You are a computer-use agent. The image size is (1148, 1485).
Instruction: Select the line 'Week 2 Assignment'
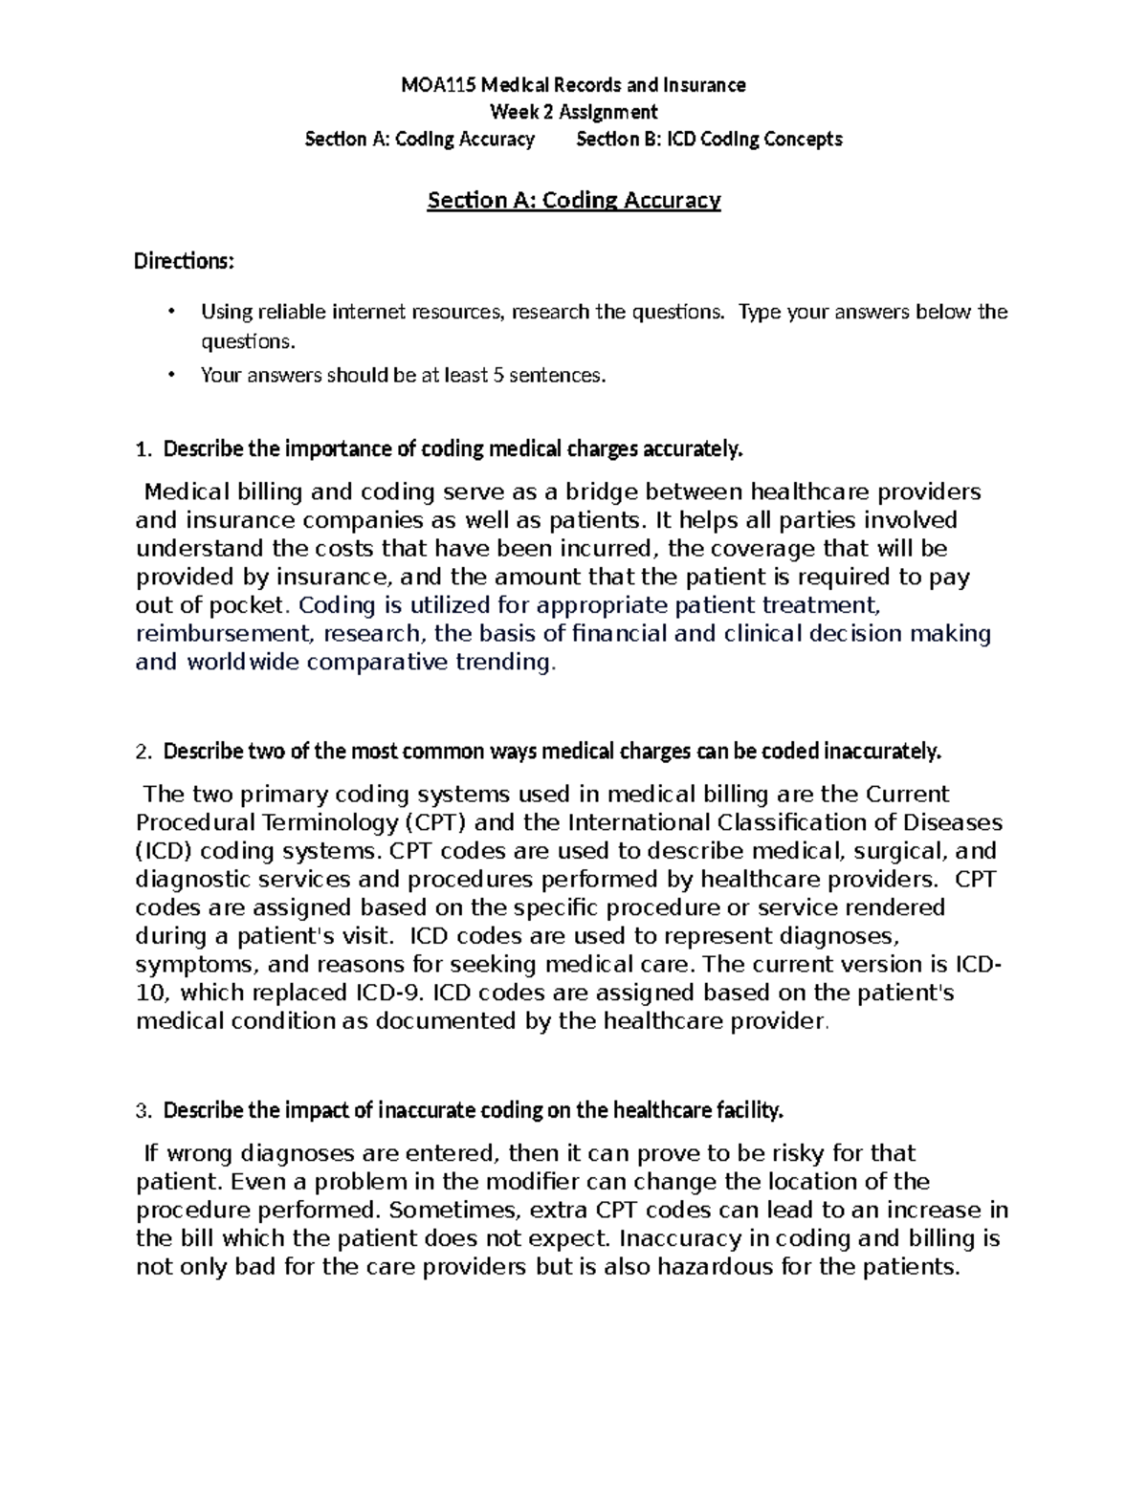pos(573,112)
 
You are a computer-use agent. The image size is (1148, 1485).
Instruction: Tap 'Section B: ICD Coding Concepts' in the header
pos(709,140)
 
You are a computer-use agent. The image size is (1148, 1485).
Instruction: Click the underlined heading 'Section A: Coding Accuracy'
pos(573,200)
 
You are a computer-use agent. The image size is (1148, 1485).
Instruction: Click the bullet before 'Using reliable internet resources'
pos(171,312)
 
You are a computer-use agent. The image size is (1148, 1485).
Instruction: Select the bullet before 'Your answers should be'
pos(171,375)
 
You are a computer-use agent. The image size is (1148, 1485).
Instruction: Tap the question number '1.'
pos(143,449)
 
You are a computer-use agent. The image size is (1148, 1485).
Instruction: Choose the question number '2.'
pos(143,753)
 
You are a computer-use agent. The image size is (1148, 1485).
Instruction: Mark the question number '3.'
pos(143,1111)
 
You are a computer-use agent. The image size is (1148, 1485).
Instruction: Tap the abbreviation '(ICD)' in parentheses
pos(165,852)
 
